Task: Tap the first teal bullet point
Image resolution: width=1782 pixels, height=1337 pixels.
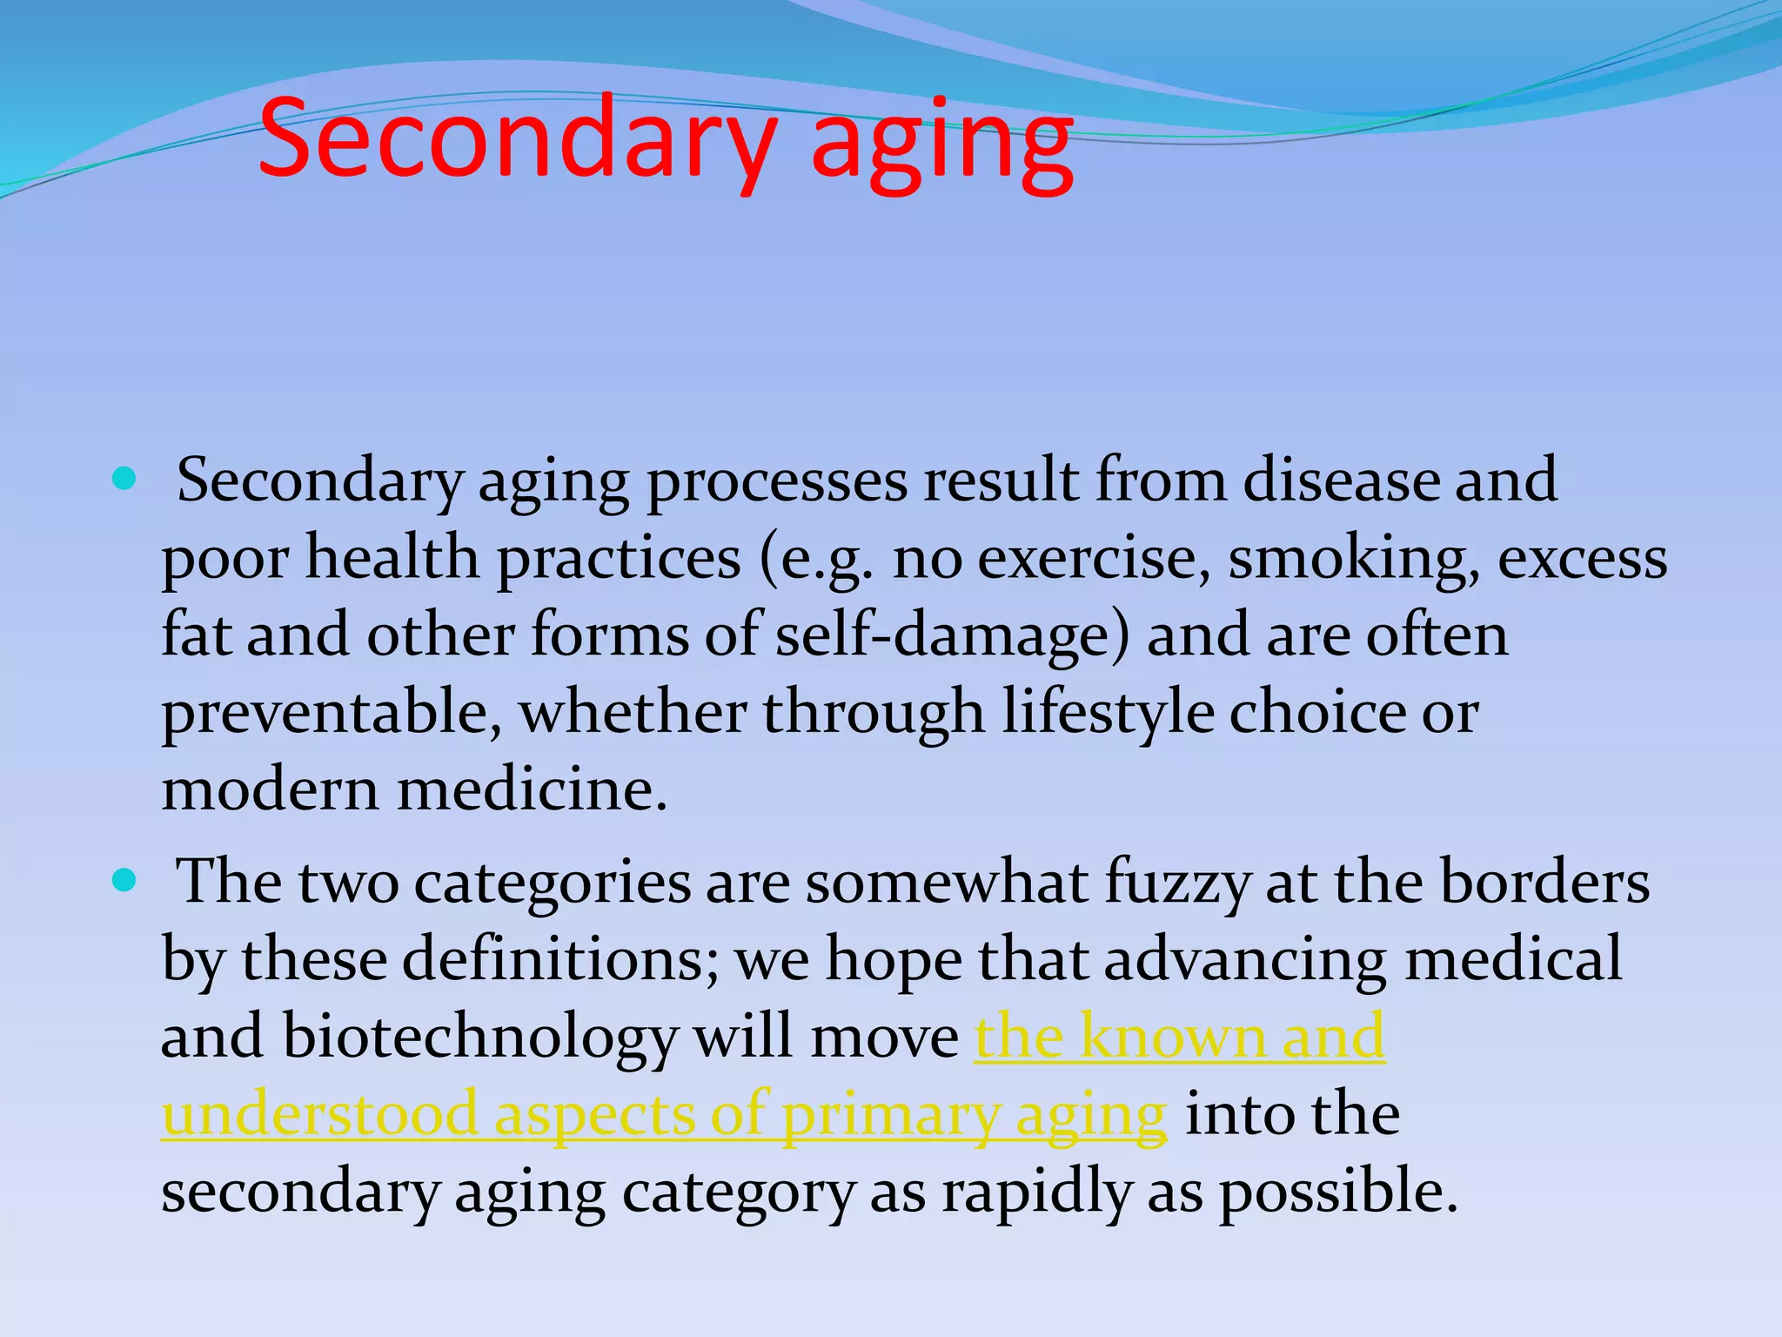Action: [125, 479]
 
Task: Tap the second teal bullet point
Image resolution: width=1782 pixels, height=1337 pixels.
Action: [125, 881]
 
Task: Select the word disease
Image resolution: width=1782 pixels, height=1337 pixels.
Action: [1340, 480]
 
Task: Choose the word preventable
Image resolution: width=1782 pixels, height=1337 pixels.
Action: [331, 713]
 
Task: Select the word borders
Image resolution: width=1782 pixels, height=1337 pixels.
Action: [1544, 882]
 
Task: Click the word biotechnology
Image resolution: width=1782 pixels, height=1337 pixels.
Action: [479, 1038]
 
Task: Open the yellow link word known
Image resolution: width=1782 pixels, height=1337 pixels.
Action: [1172, 1037]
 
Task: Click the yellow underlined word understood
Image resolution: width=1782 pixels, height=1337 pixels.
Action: [319, 1114]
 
